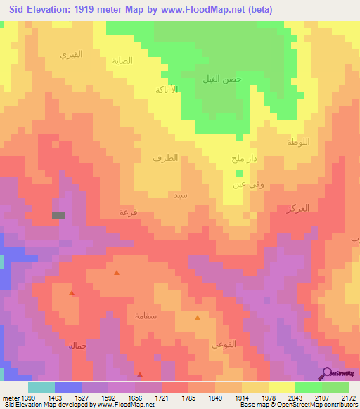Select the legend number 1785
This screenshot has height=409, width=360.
pos(188,396)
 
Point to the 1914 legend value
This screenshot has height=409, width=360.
pos(241,396)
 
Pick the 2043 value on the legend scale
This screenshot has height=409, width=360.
pos(295,396)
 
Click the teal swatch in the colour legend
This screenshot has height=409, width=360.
pos(41,387)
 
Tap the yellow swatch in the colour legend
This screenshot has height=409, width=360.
pos(281,387)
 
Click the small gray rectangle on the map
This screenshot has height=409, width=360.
pos(59,216)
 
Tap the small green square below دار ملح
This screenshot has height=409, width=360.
pos(240,173)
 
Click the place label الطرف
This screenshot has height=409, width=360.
pos(165,158)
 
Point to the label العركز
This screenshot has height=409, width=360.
pos(298,209)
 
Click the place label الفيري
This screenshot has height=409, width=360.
pos(71,54)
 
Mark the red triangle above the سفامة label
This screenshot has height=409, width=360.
pos(117,273)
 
